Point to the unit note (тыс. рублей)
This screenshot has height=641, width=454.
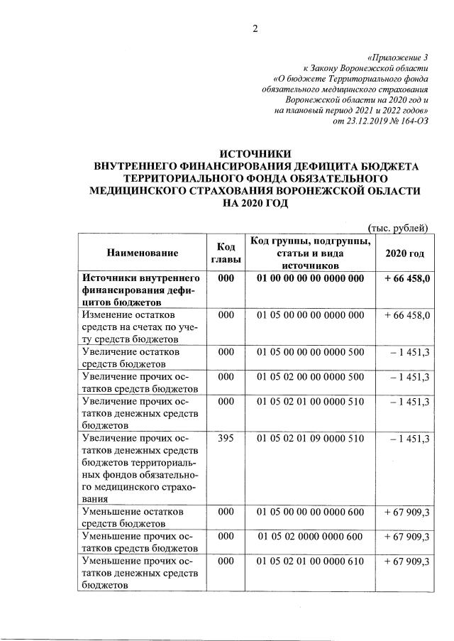pyautogui.click(x=398, y=227)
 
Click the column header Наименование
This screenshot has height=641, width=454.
pyautogui.click(x=142, y=252)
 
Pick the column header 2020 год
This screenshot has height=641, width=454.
pyautogui.click(x=404, y=252)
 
